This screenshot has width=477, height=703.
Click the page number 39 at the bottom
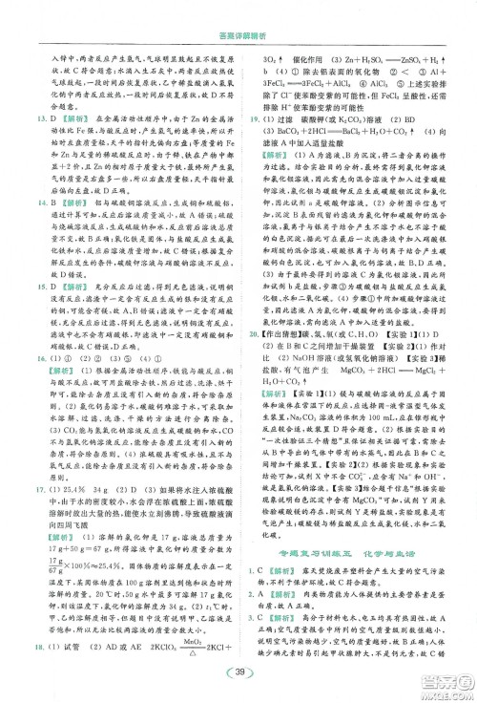[x=239, y=675]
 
